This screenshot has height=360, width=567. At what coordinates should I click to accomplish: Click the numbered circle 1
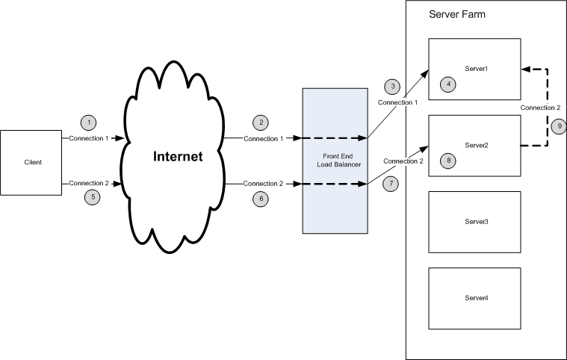click(90, 122)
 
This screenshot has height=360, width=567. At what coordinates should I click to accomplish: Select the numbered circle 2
click(260, 122)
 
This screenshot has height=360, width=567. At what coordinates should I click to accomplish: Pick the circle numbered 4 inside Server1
click(448, 84)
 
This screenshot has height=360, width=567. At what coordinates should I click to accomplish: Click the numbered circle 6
click(260, 199)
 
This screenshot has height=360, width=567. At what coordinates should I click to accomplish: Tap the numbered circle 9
click(558, 126)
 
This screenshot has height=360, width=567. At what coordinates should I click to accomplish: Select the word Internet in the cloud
click(178, 157)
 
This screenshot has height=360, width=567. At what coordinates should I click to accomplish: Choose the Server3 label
click(475, 222)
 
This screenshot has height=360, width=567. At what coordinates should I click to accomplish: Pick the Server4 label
click(475, 298)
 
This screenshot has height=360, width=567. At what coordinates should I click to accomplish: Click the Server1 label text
click(475, 69)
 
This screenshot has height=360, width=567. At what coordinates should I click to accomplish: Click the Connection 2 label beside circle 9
click(540, 108)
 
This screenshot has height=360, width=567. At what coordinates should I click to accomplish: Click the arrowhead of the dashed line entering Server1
click(525, 69)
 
